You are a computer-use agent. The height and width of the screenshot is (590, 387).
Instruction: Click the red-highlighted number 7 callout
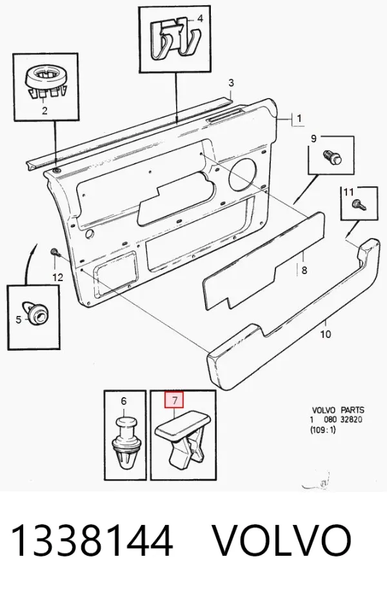click(x=174, y=400)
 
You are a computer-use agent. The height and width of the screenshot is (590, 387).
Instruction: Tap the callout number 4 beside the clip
click(x=200, y=18)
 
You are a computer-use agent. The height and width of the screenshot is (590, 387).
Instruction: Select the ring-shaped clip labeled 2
click(x=45, y=82)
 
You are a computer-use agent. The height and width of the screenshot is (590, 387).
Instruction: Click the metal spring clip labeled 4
click(x=175, y=38)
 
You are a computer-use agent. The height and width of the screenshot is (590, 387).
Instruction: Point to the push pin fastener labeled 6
click(x=124, y=443)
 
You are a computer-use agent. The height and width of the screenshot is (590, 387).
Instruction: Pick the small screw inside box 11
click(x=358, y=204)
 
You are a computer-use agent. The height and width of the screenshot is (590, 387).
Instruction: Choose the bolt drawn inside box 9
click(x=333, y=157)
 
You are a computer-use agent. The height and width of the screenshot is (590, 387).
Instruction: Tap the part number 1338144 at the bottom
click(x=93, y=542)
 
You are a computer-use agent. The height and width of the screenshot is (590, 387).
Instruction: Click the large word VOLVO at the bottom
click(x=283, y=542)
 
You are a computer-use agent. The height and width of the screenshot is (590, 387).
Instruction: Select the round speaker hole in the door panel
click(x=243, y=173)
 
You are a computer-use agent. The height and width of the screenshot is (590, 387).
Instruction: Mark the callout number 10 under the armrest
click(x=325, y=334)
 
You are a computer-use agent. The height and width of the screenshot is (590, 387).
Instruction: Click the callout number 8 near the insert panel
click(x=304, y=270)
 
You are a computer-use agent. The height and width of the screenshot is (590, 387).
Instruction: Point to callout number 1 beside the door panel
click(x=299, y=119)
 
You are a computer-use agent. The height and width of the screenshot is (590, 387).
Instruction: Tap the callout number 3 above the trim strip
click(x=231, y=83)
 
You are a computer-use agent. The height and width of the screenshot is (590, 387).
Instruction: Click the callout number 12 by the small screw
click(x=57, y=278)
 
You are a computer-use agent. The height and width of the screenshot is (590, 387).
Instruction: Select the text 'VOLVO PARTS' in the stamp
click(x=338, y=409)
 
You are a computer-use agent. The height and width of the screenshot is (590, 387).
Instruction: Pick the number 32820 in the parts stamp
click(x=352, y=420)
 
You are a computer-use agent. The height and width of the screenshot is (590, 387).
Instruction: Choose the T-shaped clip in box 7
click(x=183, y=435)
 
